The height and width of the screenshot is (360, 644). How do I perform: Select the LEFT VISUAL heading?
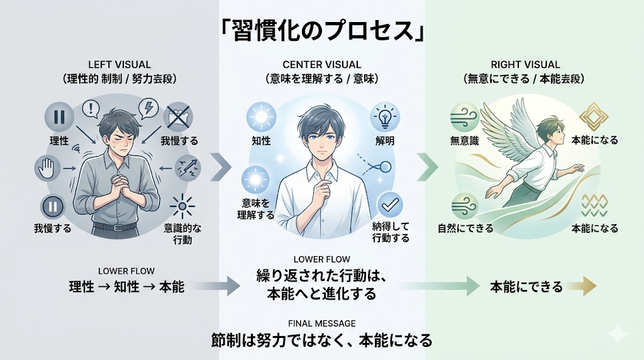(x=119, y=64)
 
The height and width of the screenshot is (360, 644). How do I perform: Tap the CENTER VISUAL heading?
(x=321, y=64)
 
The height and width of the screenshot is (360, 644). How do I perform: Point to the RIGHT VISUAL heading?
(x=525, y=64)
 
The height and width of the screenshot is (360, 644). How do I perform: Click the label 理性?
(x=58, y=141)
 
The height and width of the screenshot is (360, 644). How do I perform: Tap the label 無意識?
(x=465, y=141)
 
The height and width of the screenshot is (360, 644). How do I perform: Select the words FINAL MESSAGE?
(x=321, y=323)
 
